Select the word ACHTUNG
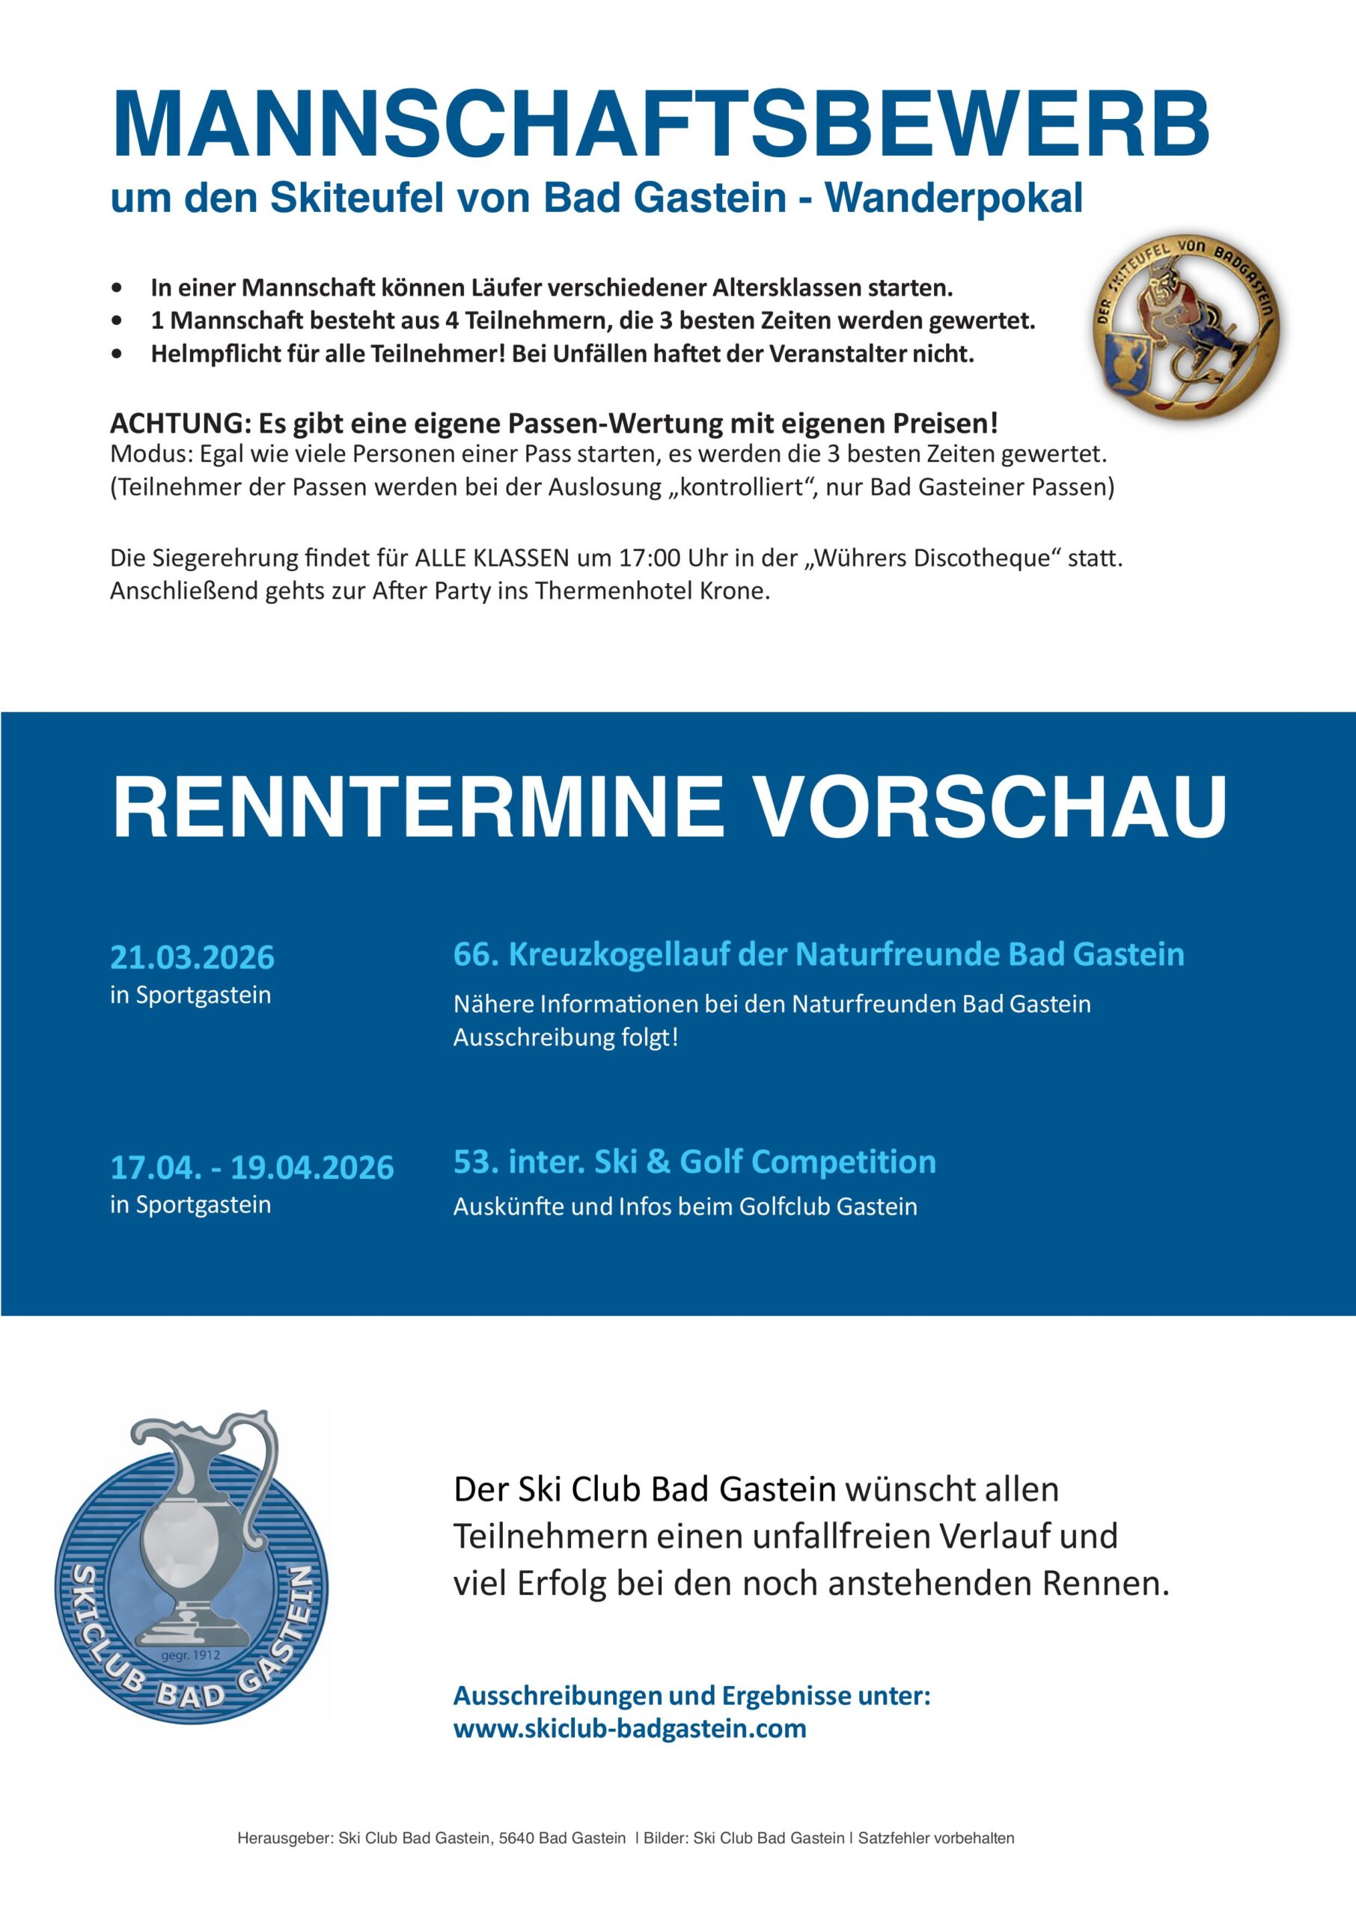pyautogui.click(x=179, y=424)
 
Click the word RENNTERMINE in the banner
pyautogui.click(x=418, y=807)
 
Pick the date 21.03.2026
pyautogui.click(x=192, y=957)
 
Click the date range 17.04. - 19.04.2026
pyautogui.click(x=251, y=1167)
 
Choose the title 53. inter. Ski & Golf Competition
pyautogui.click(x=694, y=1162)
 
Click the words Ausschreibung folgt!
pyautogui.click(x=565, y=1038)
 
